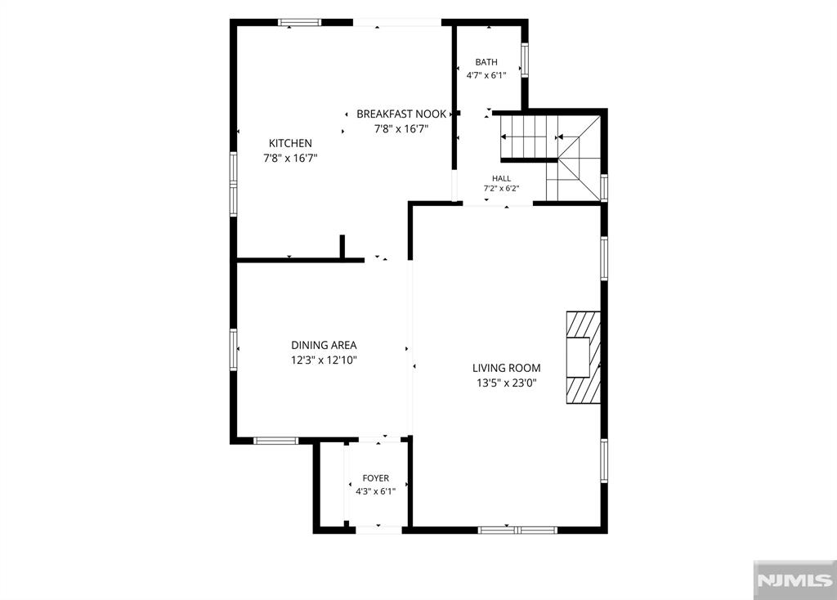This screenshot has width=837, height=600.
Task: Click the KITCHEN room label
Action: tap(290, 143)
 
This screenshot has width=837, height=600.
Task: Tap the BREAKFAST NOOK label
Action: tap(401, 114)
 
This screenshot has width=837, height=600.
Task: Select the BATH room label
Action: tap(486, 62)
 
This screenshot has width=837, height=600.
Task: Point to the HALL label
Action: tap(501, 178)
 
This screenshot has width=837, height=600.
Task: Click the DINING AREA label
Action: tap(324, 346)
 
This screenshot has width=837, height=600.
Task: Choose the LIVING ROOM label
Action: tap(507, 368)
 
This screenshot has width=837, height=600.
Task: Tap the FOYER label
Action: tap(376, 478)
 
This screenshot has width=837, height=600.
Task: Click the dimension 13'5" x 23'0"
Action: tap(507, 383)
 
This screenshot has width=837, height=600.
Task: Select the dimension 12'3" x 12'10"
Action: tap(324, 360)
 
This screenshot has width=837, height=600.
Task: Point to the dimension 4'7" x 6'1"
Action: tap(486, 75)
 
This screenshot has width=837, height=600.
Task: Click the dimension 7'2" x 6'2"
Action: tap(501, 189)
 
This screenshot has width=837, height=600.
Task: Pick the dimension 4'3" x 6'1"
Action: tap(376, 491)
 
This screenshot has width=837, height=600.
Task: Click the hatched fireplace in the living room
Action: tap(584, 357)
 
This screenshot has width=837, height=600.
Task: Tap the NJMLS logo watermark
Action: tap(794, 580)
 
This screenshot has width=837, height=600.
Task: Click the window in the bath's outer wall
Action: tap(525, 60)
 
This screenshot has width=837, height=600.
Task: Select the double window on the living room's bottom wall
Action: tap(517, 530)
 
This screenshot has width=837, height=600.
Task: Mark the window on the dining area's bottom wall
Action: tap(275, 441)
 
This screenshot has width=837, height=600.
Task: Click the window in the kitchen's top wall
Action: tap(300, 22)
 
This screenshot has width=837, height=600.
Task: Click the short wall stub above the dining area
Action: tap(342, 247)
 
